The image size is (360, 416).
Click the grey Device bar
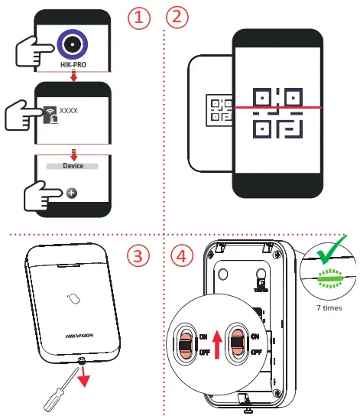point(73,166)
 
